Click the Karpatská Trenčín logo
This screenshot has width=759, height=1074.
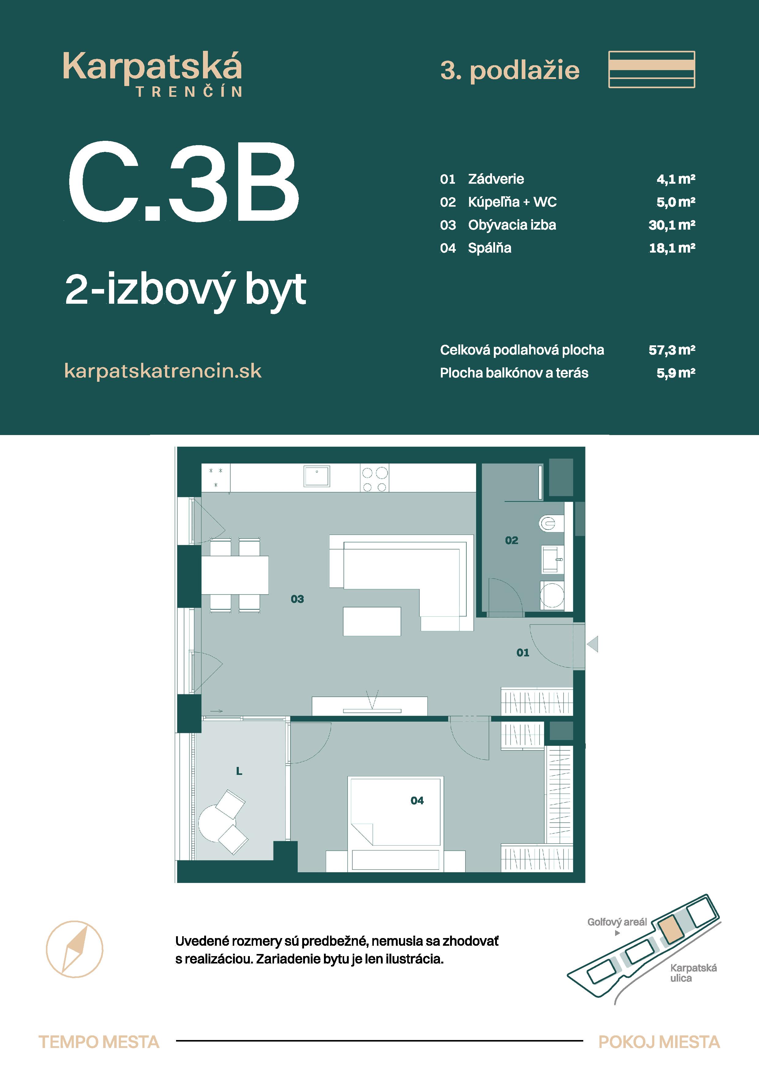pyautogui.click(x=152, y=74)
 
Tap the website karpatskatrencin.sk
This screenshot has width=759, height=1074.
pyautogui.click(x=163, y=371)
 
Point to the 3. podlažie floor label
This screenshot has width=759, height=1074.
pyautogui.click(x=510, y=71)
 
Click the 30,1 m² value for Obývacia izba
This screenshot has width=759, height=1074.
pyautogui.click(x=671, y=225)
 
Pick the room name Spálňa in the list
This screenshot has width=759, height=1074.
pyautogui.click(x=490, y=248)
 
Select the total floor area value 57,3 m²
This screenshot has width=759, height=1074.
pyautogui.click(x=671, y=350)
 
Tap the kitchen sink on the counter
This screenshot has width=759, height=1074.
pyautogui.click(x=317, y=476)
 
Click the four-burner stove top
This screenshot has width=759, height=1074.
pyautogui.click(x=374, y=478)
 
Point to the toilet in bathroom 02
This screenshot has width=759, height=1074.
pyautogui.click(x=550, y=523)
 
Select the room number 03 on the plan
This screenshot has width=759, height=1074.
pyautogui.click(x=297, y=599)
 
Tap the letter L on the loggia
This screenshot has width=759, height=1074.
pyautogui.click(x=239, y=771)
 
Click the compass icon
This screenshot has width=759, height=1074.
pyautogui.click(x=74, y=949)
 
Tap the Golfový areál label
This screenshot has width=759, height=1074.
pyautogui.click(x=617, y=922)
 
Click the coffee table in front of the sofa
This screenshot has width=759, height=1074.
pyautogui.click(x=372, y=621)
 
